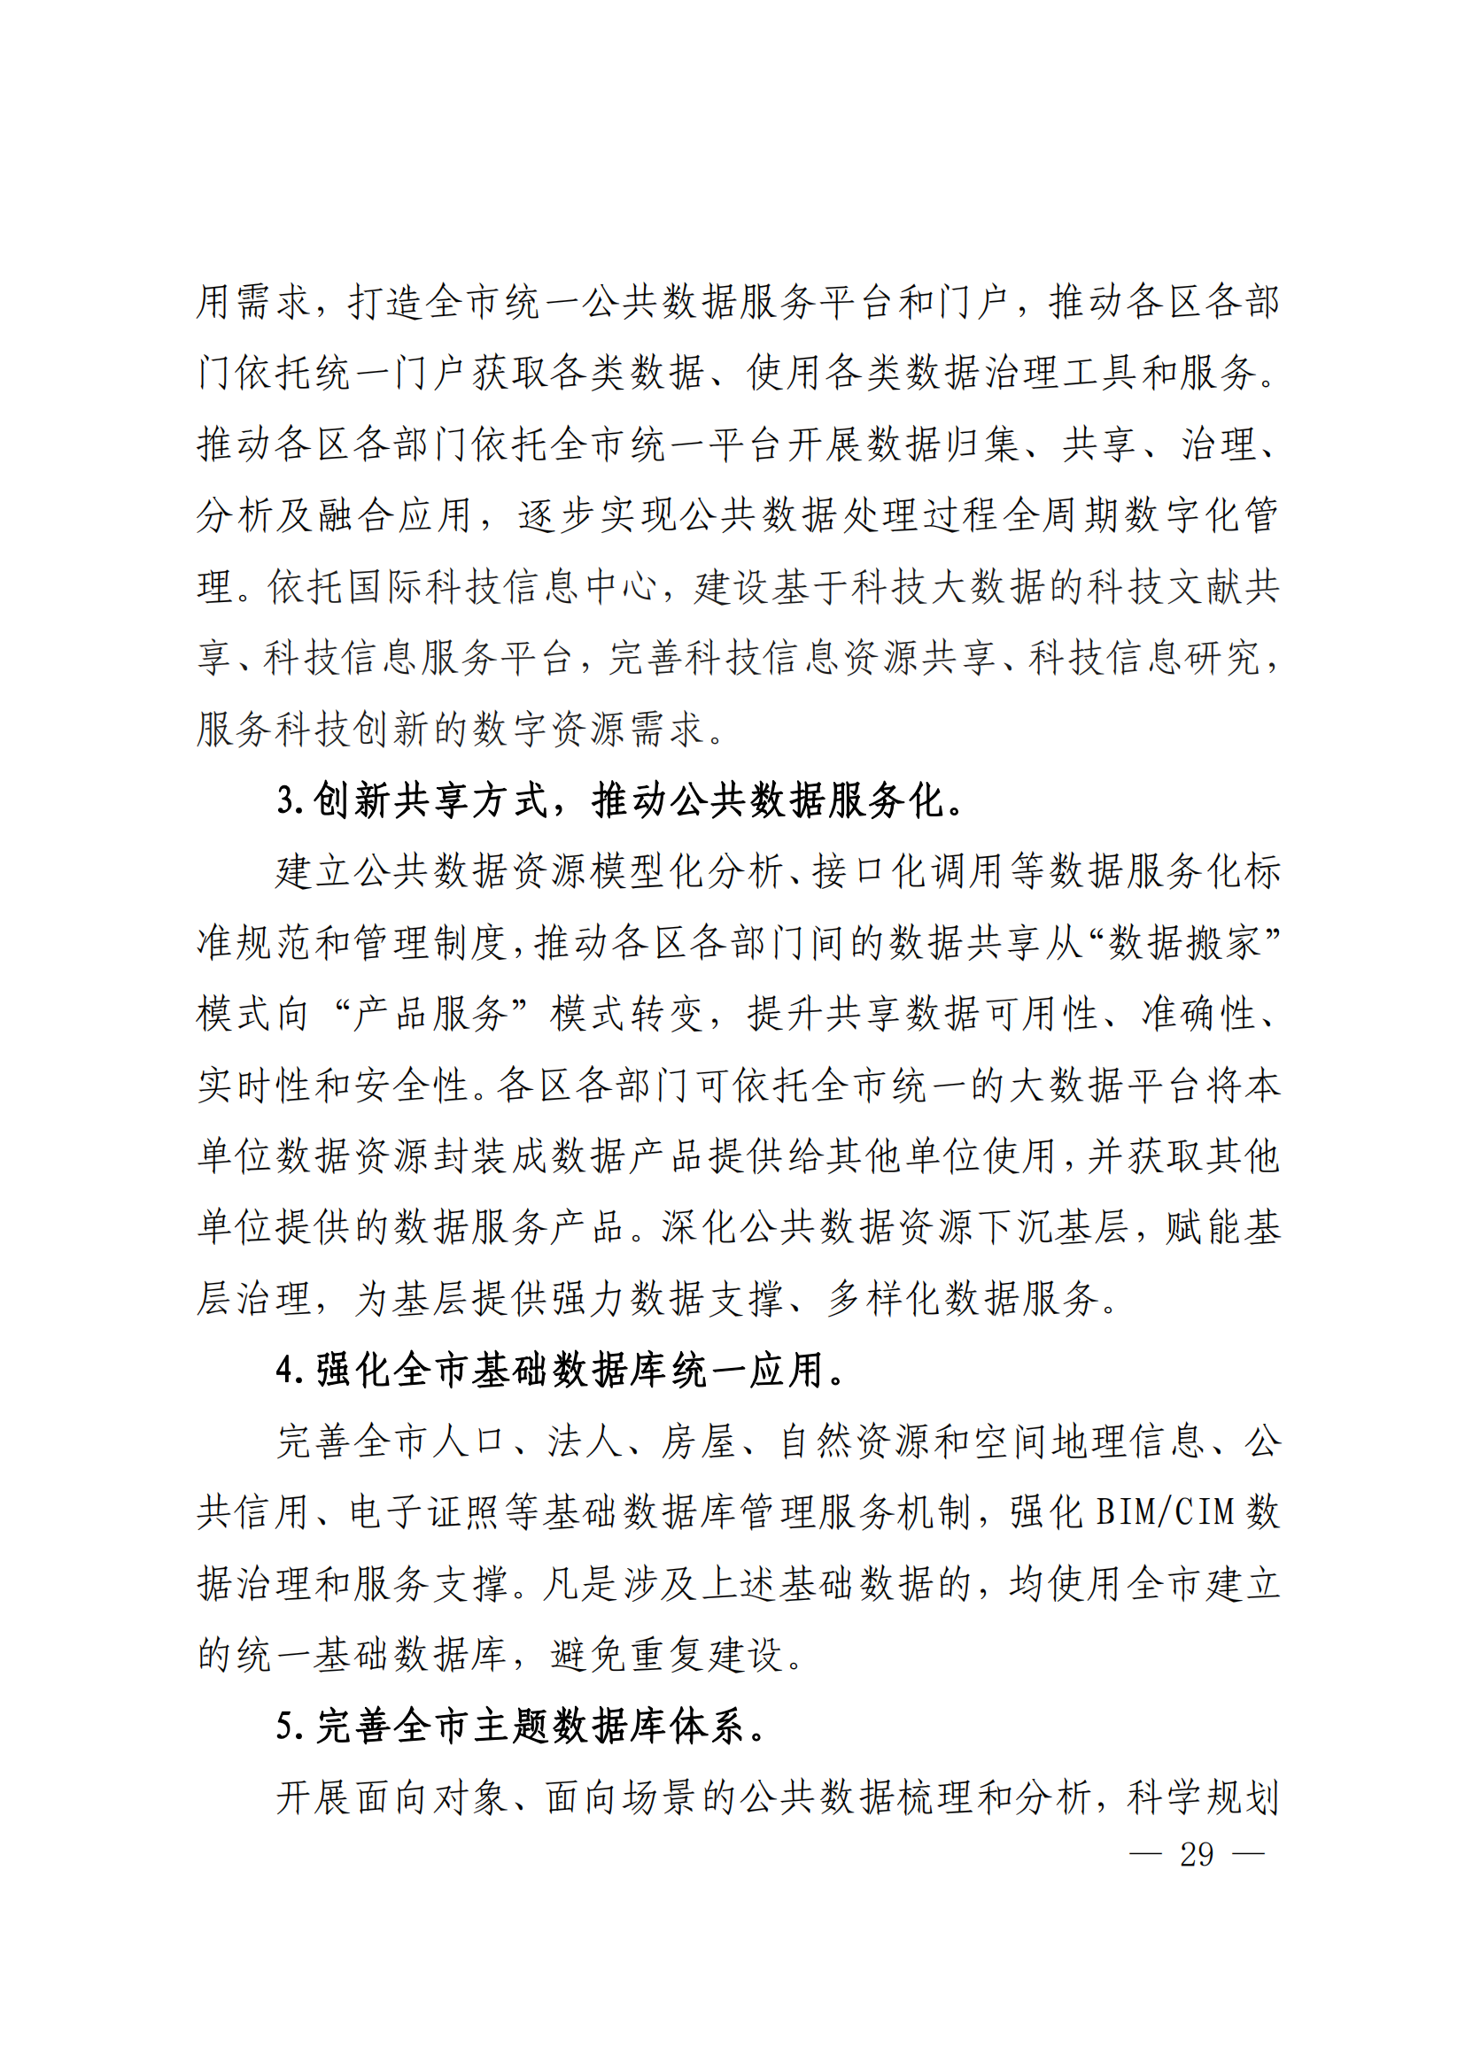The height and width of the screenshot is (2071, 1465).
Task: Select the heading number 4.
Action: [287, 1370]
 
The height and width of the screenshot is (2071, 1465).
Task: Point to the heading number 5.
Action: [287, 1727]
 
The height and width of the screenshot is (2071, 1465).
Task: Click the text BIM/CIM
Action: [1165, 1512]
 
